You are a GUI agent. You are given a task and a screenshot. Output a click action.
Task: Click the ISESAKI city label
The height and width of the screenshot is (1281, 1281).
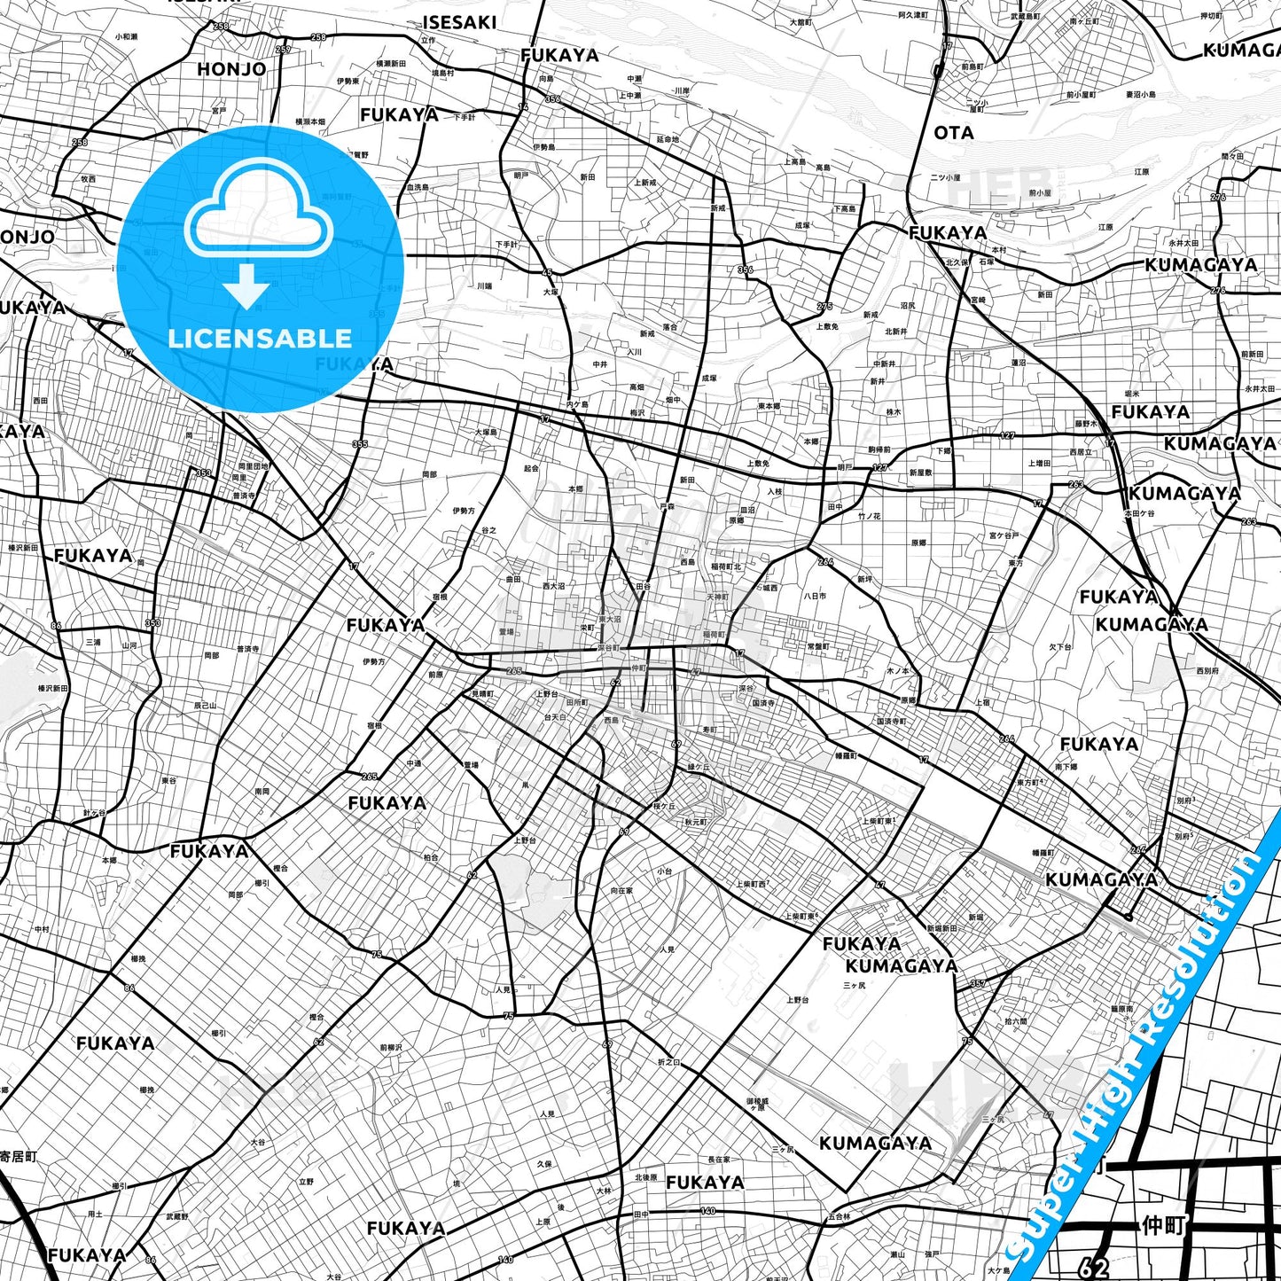[x=459, y=22]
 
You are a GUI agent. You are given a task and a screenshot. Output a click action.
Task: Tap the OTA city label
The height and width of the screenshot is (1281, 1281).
[x=954, y=133]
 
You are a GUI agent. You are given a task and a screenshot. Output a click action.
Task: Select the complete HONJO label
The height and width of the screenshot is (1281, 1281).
[x=231, y=69]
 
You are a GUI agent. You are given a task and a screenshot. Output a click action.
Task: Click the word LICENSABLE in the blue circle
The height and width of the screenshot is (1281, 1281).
[x=260, y=338]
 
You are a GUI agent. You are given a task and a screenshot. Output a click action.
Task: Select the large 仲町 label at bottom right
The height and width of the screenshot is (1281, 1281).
[x=1164, y=1225]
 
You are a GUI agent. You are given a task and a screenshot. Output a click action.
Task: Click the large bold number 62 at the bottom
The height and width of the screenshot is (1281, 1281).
[x=1096, y=1266]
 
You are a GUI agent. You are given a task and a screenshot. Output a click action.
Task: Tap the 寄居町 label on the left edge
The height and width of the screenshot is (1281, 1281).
[x=18, y=1156]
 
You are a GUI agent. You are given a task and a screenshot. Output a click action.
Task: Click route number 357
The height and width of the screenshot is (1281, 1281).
[x=978, y=983]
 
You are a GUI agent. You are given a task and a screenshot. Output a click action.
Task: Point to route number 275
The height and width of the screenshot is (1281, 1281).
[x=824, y=307]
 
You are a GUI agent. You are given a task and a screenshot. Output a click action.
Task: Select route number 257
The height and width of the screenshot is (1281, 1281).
[x=283, y=50]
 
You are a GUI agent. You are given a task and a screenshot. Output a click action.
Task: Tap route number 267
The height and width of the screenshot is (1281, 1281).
[x=1137, y=849]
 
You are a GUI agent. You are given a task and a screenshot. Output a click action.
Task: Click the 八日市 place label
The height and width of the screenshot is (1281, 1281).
[x=815, y=596]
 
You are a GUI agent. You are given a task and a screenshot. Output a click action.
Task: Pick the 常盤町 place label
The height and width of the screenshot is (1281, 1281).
[x=818, y=646]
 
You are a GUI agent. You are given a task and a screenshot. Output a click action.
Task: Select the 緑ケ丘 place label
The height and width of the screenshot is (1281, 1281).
[x=699, y=767]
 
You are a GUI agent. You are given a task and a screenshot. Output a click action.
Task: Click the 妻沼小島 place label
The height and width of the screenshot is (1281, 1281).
[x=1141, y=94]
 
